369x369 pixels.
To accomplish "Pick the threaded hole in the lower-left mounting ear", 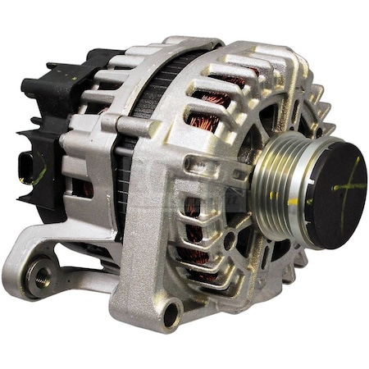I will (x=38, y=275).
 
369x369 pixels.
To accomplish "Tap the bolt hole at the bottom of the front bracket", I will (x=172, y=311).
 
